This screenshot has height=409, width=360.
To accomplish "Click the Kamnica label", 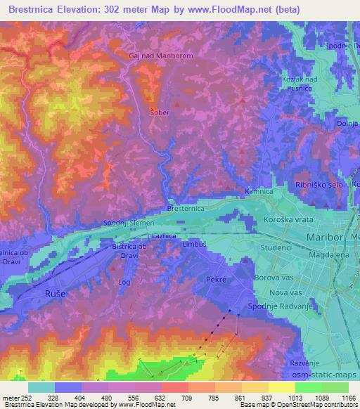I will tap(258, 191).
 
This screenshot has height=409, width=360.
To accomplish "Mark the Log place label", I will tap(124, 282).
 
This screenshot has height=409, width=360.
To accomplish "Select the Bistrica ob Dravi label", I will tap(129, 251).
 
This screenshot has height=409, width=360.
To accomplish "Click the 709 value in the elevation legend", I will tap(167, 397).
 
